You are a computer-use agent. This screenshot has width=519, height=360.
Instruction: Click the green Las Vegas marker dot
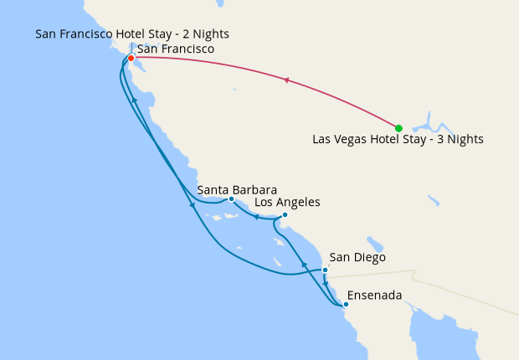tap(398, 128)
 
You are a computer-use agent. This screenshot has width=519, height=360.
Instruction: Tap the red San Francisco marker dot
tap(131, 58)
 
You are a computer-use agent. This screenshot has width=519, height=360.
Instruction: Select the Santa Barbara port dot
tap(231, 199)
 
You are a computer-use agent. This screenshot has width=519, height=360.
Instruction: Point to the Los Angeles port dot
tap(285, 214)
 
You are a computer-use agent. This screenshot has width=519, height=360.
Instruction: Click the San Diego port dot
tap(325, 270)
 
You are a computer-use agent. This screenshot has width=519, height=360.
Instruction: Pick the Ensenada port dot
tap(346, 305)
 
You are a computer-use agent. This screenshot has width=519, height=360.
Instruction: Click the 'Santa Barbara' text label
tap(237, 190)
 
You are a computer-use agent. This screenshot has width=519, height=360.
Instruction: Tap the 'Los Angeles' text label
tap(286, 203)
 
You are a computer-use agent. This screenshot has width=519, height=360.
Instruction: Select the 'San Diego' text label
tap(357, 258)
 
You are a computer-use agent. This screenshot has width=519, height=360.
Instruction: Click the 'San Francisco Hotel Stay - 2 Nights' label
tap(132, 34)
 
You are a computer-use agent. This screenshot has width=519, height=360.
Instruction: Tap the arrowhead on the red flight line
tap(287, 81)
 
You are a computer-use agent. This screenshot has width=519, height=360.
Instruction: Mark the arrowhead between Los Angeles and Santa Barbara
tap(256, 218)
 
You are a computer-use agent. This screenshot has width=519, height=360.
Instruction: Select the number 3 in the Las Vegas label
tap(444, 140)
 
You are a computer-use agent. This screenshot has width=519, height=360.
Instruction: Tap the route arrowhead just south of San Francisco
tap(134, 100)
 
